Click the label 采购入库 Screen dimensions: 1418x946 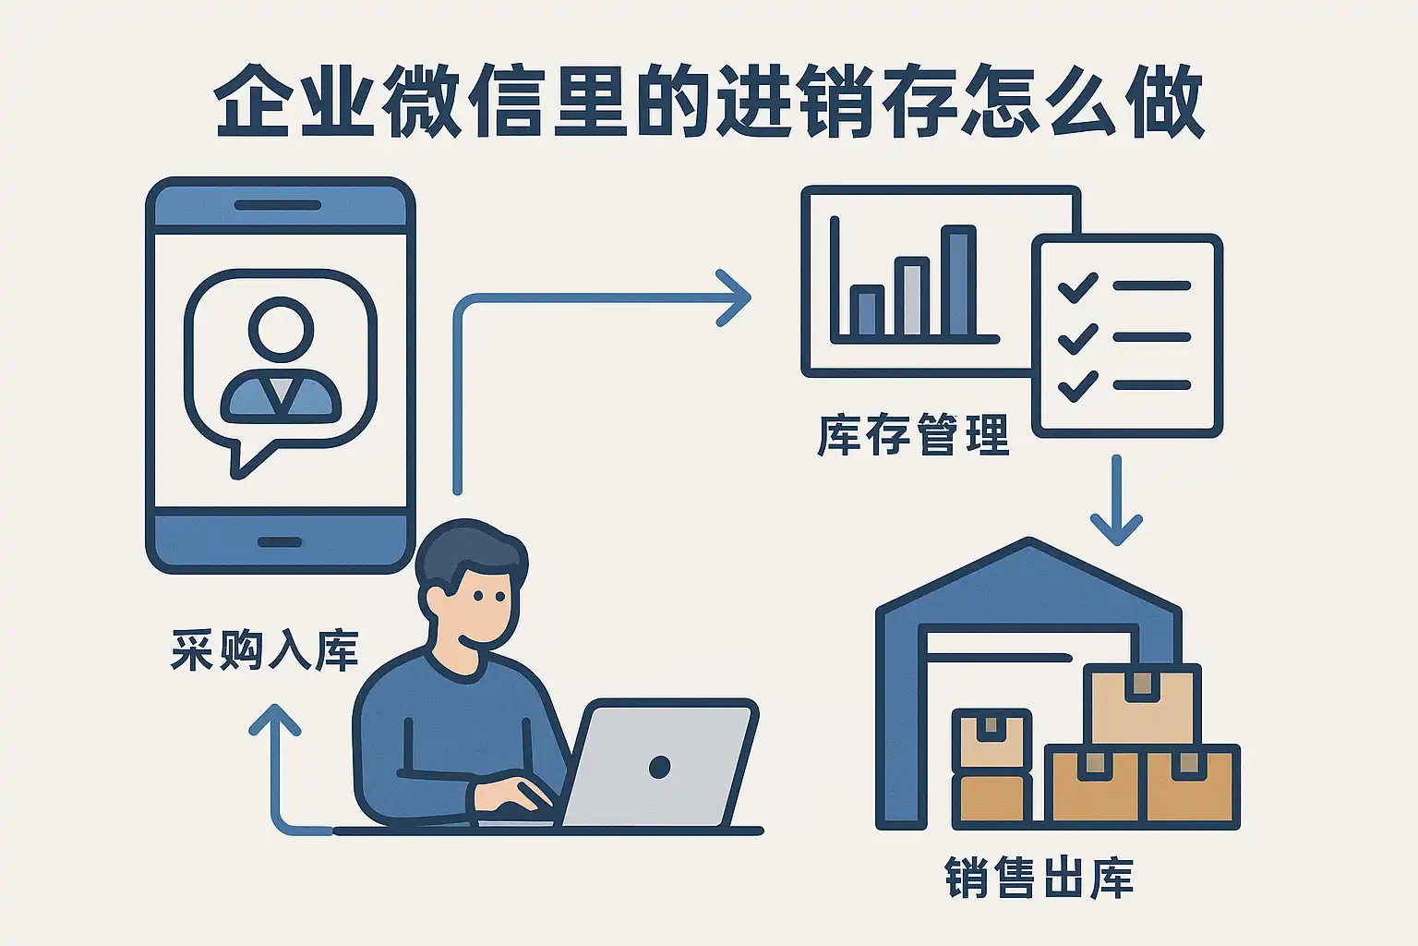coord(265,649)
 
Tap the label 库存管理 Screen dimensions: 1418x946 coord(913,435)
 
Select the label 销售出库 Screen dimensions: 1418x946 coord(1039,878)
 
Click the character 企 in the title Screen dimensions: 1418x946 coord(252,101)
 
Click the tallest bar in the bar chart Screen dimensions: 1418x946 coord(958,281)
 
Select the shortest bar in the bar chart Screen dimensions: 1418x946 coord(867,309)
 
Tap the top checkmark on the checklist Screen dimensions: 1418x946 coord(1078,287)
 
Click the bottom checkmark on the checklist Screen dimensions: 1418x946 coord(1078,386)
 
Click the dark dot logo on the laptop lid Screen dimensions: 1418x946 coord(660,767)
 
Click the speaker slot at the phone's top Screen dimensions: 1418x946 coord(277,205)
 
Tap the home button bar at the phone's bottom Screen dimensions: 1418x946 coord(280,542)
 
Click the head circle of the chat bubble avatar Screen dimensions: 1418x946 coord(281,330)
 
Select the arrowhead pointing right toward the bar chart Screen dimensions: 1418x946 coord(734,297)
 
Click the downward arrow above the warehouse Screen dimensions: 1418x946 coord(1116,500)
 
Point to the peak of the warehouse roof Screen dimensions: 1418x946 coord(1028,540)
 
